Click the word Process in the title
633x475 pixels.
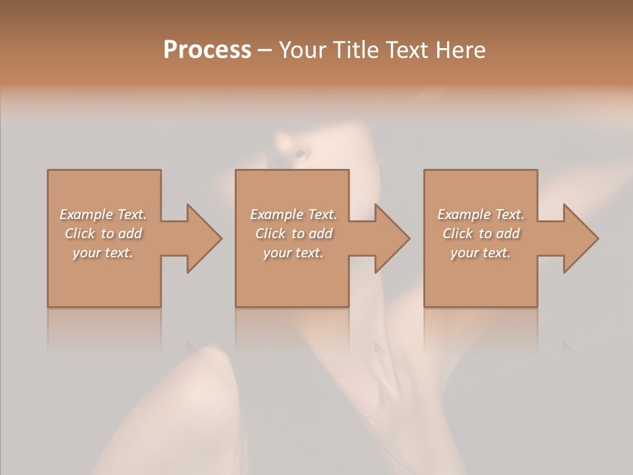coord(207,50)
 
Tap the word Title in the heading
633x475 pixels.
coord(357,50)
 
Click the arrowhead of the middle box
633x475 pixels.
coord(392,239)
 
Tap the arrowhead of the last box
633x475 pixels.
coord(580,239)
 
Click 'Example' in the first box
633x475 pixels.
coord(86,214)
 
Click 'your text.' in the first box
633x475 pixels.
coord(103,253)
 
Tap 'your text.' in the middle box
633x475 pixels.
coord(293,253)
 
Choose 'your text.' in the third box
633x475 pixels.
coord(481,253)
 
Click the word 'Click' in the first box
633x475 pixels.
coord(79,234)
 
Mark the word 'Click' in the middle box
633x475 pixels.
coord(270,234)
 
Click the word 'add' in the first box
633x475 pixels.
coord(130,234)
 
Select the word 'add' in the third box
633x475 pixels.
coord(508,234)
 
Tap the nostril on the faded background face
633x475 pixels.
coord(301,154)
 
